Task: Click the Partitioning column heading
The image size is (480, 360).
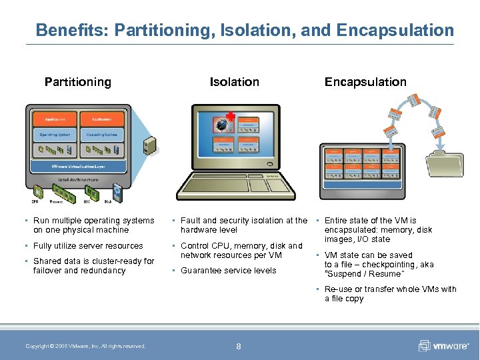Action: tap(77, 82)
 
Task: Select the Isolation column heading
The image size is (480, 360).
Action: tap(234, 82)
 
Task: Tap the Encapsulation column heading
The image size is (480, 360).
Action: tap(365, 82)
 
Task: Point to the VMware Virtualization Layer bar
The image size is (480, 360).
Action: tap(78, 166)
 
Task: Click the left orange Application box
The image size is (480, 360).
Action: tap(55, 119)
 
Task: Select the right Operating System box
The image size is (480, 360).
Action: tap(101, 135)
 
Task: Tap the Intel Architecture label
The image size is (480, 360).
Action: tap(78, 179)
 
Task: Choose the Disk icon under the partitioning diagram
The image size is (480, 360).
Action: tap(117, 193)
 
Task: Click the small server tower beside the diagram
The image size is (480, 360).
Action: tap(151, 145)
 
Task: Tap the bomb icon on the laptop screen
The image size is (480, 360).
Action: tap(222, 124)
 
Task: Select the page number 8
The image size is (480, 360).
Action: tap(239, 346)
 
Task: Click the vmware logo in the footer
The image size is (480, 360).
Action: tap(443, 346)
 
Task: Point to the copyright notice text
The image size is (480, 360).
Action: tap(85, 346)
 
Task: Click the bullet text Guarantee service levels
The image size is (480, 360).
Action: tap(228, 271)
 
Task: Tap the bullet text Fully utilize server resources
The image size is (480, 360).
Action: tap(88, 246)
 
